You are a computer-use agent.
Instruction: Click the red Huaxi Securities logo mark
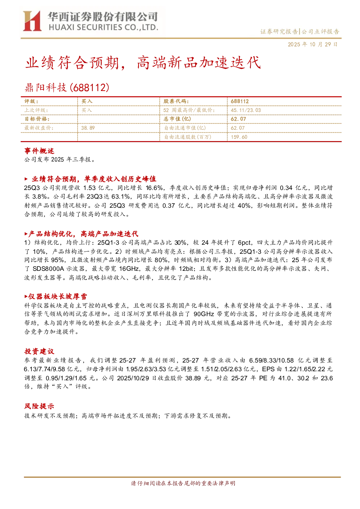click(32, 21)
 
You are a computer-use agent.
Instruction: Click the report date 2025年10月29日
click(313, 44)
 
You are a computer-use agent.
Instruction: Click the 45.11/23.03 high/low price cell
click(246, 110)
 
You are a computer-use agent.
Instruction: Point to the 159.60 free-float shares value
click(239, 137)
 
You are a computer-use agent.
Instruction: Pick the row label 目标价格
click(37, 119)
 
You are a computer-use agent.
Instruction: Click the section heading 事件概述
click(39, 151)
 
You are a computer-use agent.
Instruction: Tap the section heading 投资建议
click(39, 351)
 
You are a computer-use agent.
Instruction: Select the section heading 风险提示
click(39, 406)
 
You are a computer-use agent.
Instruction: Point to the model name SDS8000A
click(48, 269)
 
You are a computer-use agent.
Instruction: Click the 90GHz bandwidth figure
click(204, 314)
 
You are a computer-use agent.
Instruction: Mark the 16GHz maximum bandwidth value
click(129, 269)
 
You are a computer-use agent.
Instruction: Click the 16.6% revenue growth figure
click(154, 188)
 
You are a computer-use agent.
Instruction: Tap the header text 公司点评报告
click(320, 32)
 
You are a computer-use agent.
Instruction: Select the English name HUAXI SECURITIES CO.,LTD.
click(103, 28)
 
